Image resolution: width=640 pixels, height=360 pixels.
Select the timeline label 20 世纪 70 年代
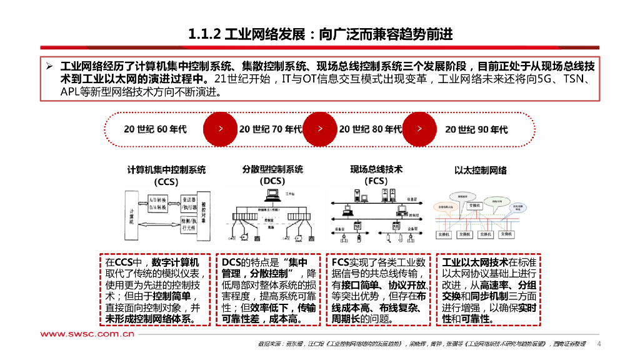tap(270, 129)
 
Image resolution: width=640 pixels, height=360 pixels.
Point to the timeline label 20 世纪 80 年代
tap(370, 129)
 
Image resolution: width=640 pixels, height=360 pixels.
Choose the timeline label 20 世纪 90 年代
tap(476, 129)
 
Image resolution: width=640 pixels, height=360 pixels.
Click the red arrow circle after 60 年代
tap(220, 129)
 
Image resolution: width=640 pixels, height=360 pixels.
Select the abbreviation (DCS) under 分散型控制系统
tap(272, 181)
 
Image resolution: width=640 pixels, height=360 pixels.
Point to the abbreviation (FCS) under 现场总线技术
tap(376, 181)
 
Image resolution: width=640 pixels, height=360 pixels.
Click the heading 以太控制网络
tap(481, 170)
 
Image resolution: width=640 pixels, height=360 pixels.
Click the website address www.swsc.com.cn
tap(88, 334)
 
